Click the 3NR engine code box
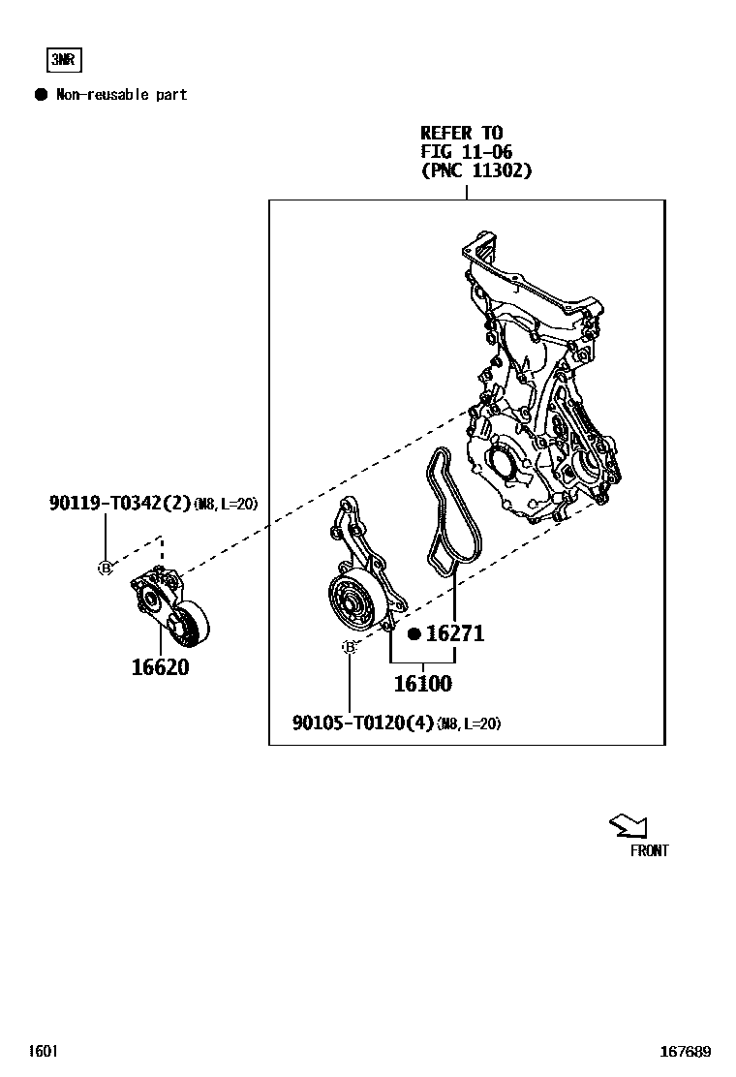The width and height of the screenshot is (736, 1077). pyautogui.click(x=64, y=60)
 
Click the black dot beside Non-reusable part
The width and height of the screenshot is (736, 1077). pyautogui.click(x=41, y=95)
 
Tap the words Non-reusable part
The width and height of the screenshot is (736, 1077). pyautogui.click(x=121, y=95)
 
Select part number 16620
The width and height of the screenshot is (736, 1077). pyautogui.click(x=161, y=667)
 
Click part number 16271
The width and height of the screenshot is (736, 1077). pyautogui.click(x=454, y=634)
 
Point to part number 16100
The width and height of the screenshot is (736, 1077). pyautogui.click(x=422, y=684)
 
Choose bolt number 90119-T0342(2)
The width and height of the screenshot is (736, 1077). pyautogui.click(x=120, y=503)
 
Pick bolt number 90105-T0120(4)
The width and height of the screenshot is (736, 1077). pyautogui.click(x=363, y=723)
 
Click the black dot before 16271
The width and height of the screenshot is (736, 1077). pyautogui.click(x=414, y=634)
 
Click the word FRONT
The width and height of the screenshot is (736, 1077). pyautogui.click(x=649, y=851)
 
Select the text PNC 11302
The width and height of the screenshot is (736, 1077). pyautogui.click(x=476, y=170)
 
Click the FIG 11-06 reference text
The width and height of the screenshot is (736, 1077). pyautogui.click(x=466, y=152)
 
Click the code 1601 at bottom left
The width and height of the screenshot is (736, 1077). pyautogui.click(x=44, y=1051)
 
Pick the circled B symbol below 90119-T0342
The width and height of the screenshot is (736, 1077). pyautogui.click(x=106, y=569)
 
